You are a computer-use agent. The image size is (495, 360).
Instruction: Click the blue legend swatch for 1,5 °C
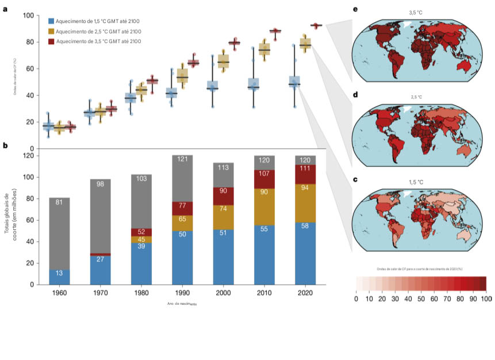click(x=51, y=21)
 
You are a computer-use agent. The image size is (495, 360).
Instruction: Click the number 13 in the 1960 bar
click(x=59, y=274)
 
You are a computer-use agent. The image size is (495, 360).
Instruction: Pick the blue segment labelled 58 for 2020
click(x=305, y=253)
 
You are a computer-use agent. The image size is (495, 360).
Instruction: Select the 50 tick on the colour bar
click(x=421, y=299)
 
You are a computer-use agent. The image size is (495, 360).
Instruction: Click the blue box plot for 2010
click(x=253, y=84)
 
